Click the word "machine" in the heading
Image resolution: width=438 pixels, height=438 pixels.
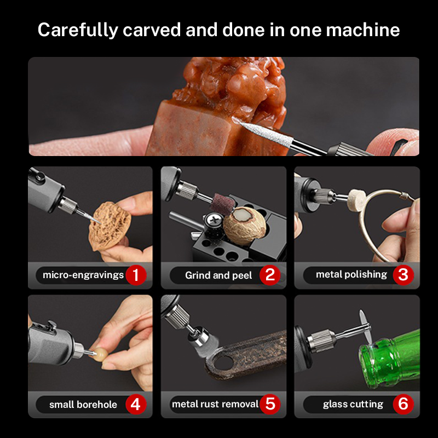click(363, 30)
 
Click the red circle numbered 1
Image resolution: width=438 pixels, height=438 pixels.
click(136, 275)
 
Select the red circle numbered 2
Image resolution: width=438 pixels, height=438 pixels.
click(270, 275)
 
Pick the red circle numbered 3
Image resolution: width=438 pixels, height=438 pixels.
click(403, 275)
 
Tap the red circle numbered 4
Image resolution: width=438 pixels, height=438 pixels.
click(136, 404)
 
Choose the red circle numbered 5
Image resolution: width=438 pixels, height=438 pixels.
click(270, 404)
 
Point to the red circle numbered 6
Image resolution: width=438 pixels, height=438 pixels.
click(403, 404)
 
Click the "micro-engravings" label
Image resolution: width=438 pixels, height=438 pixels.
click(83, 275)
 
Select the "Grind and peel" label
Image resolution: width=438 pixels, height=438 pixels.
click(218, 275)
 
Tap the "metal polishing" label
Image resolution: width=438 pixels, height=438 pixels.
click(351, 275)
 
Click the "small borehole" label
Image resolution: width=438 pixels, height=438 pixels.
click(83, 405)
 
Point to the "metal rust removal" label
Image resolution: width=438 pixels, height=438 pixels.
click(215, 404)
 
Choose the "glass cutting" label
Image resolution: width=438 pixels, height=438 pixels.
click(353, 404)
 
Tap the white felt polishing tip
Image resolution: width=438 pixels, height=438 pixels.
click(356, 199)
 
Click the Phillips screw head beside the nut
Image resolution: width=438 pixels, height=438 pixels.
click(215, 220)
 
